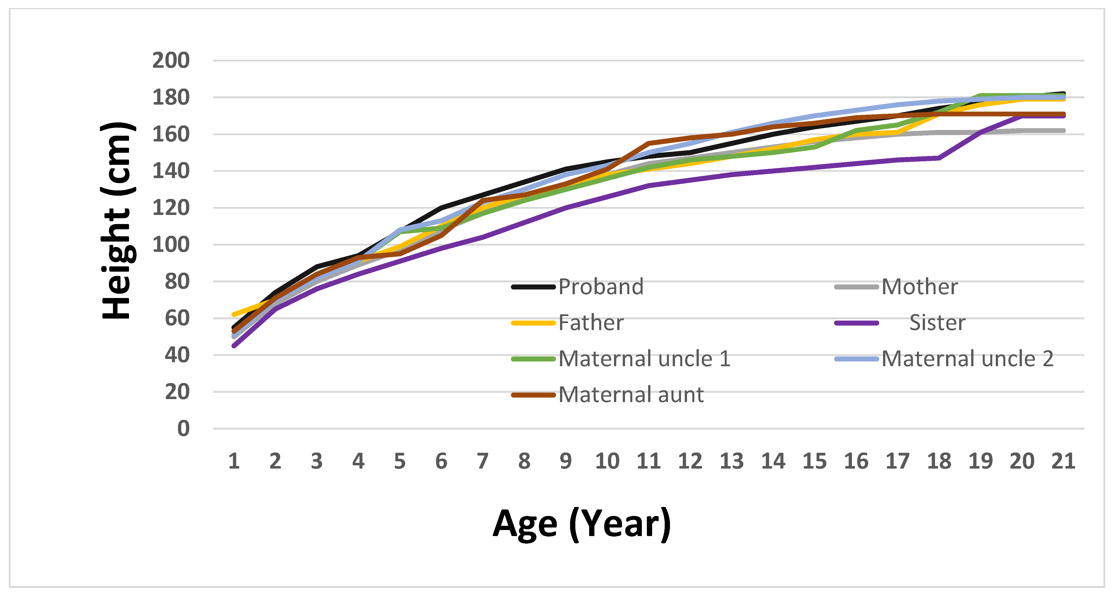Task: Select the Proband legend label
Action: (601, 287)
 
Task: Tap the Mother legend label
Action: (919, 287)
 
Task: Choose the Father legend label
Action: (591, 323)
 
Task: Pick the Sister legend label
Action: (937, 323)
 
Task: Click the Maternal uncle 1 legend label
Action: (644, 358)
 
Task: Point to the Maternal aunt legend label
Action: (631, 395)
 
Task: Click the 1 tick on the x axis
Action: (234, 461)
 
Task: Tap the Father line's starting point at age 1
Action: (234, 314)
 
